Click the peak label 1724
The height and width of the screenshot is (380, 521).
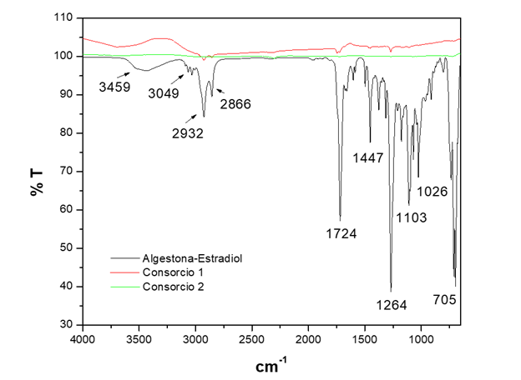pos(341,233)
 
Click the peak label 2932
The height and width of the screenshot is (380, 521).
pos(187,132)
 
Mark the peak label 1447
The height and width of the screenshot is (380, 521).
pos(368,158)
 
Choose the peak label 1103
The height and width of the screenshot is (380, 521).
pos(411,217)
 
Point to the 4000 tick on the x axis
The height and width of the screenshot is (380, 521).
pos(83,339)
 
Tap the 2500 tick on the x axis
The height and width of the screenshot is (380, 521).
pos(252,339)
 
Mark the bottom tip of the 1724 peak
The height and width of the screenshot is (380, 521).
pos(340,218)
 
